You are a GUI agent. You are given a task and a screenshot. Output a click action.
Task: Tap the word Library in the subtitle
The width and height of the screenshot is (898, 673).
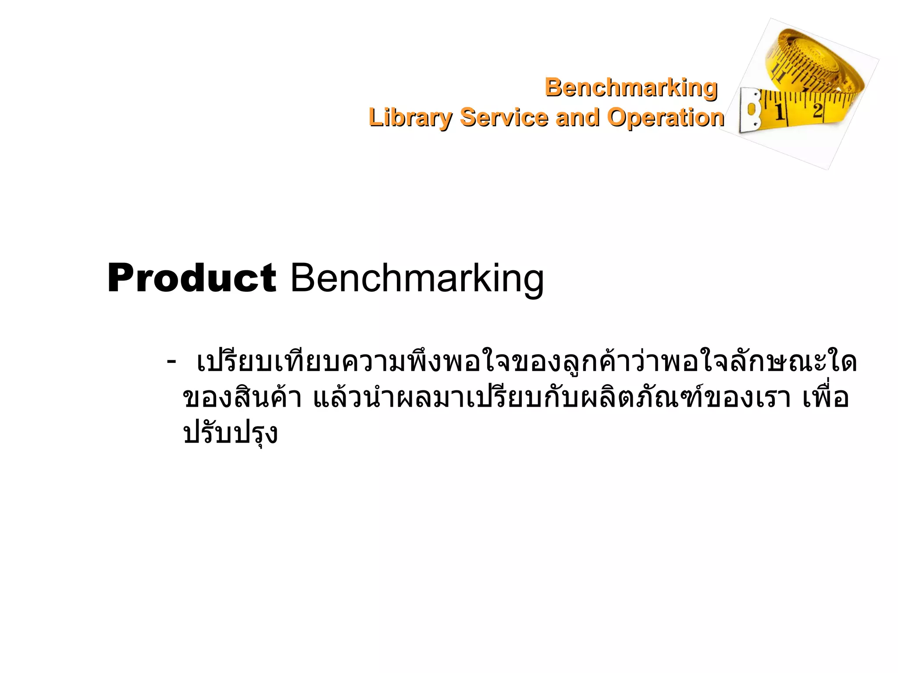[410, 117]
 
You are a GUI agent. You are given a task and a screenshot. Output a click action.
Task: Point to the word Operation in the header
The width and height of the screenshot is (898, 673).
[665, 117]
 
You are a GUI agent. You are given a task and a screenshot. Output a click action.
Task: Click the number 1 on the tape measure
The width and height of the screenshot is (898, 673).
[780, 113]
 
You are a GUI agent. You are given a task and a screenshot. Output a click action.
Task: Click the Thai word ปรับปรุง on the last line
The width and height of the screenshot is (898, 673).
[231, 434]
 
